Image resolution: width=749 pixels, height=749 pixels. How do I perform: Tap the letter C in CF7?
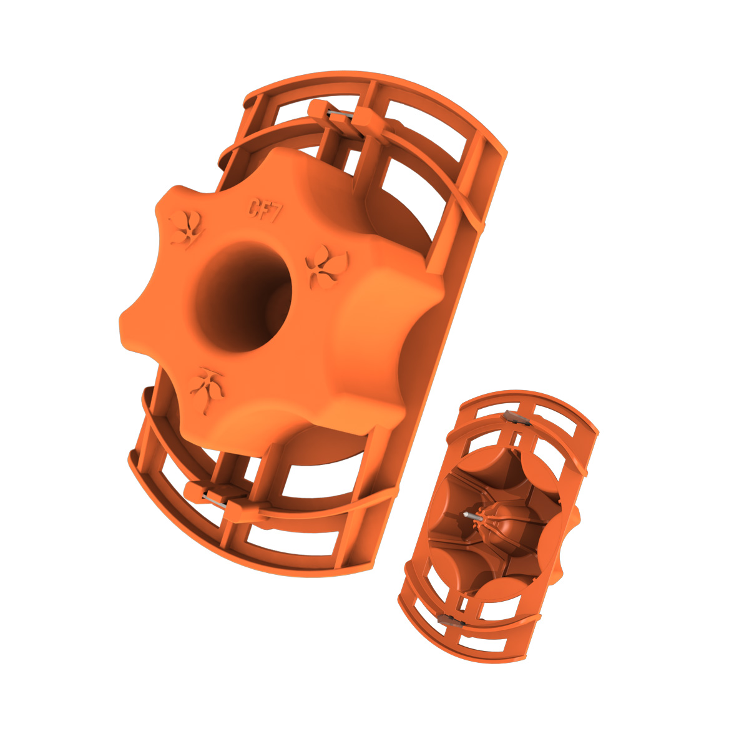254,208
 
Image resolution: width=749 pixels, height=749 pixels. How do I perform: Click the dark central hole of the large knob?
243,296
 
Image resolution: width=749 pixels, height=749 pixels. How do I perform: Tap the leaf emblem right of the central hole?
326,267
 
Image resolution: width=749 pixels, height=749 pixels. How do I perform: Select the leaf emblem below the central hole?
207,389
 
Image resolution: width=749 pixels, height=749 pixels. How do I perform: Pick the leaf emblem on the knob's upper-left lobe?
186,229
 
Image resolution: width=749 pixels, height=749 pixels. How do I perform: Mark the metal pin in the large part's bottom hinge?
214,501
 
